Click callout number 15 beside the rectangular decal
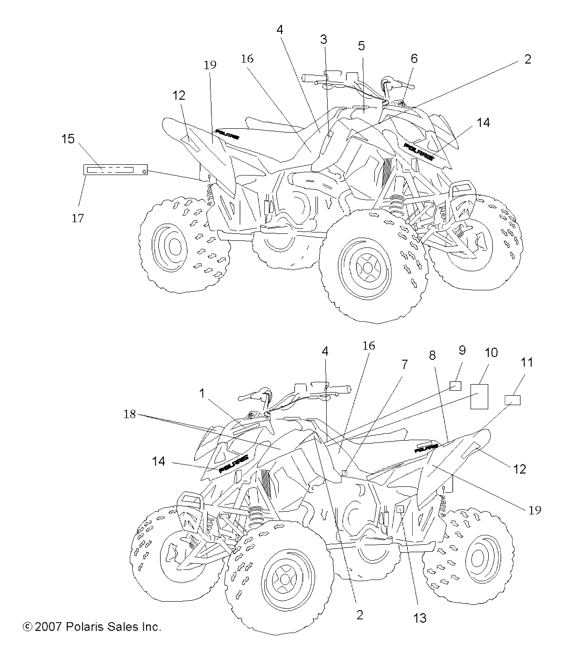[68, 139]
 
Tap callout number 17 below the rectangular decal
[78, 218]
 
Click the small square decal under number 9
[455, 385]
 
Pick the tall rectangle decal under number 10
[479, 396]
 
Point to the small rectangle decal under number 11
[513, 400]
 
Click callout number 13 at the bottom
[420, 618]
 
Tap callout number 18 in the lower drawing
[130, 414]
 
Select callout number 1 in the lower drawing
[202, 393]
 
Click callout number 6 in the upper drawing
[414, 59]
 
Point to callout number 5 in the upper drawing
[361, 46]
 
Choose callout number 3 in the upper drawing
[323, 40]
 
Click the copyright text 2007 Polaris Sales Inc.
[92, 627]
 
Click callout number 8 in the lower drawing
[432, 356]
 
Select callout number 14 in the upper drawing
[483, 123]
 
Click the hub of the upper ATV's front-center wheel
[366, 268]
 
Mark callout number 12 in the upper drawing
[179, 96]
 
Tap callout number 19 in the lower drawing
[535, 510]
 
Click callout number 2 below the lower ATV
[359, 615]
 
